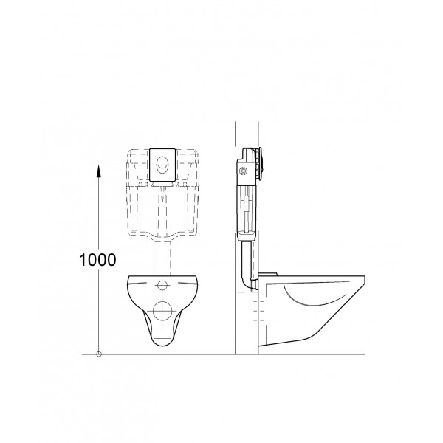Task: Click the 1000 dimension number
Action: (x=98, y=259)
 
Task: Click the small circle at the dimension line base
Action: (x=99, y=354)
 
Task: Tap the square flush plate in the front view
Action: (x=163, y=164)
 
